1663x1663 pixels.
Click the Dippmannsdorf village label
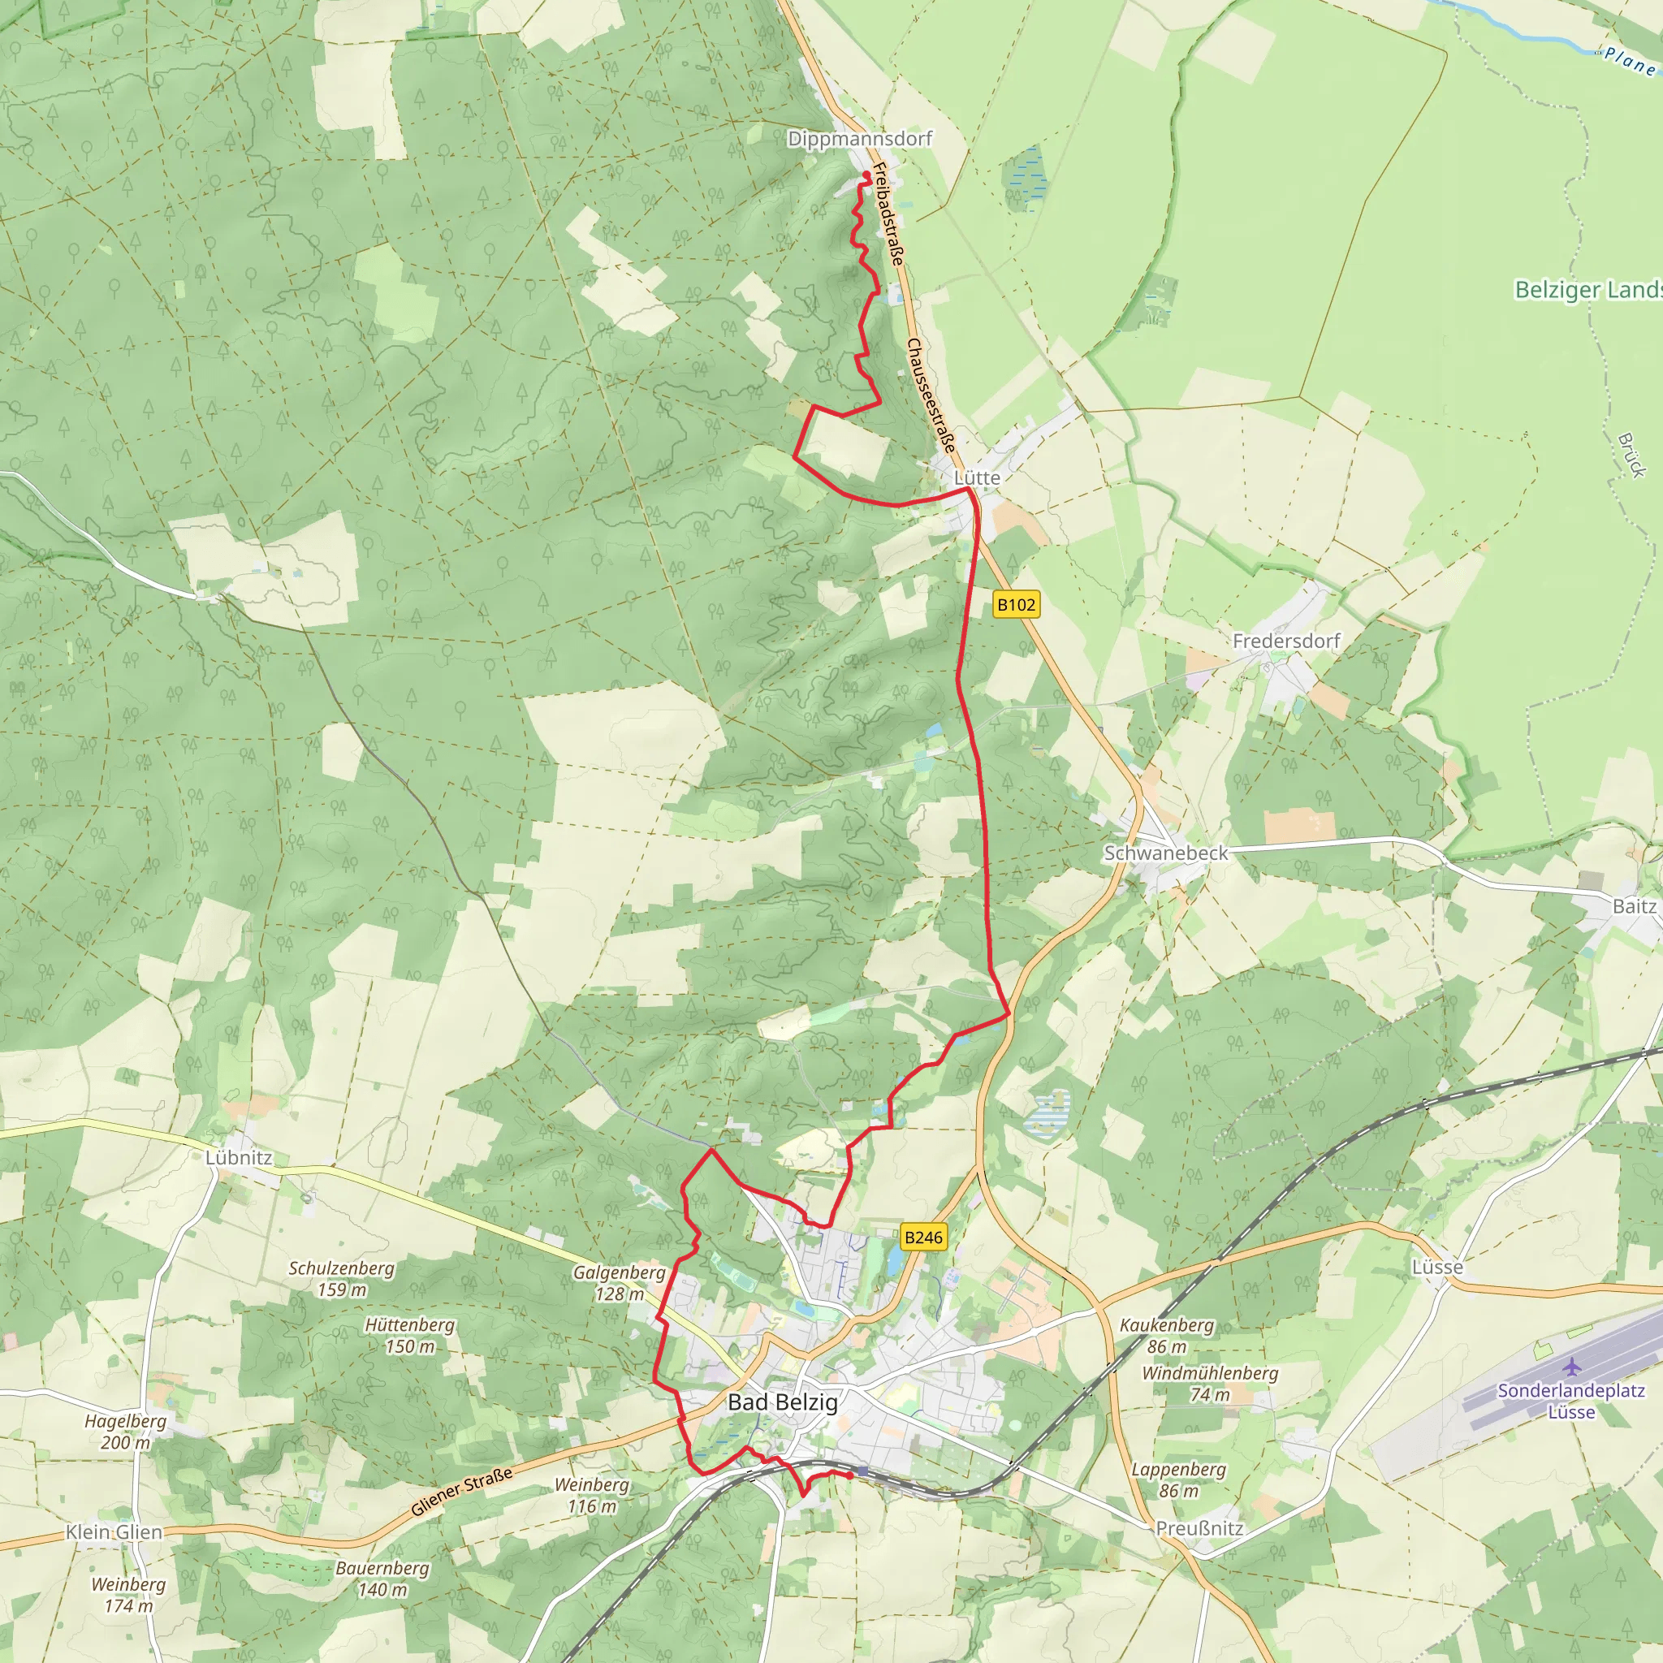[859, 139]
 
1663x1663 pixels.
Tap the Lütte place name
[976, 477]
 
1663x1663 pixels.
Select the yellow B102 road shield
[1016, 604]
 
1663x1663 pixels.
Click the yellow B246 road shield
[922, 1237]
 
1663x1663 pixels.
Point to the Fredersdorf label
[1286, 641]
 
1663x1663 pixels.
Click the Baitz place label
[1634, 905]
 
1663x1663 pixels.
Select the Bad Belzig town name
[782, 1402]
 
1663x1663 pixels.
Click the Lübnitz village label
[239, 1158]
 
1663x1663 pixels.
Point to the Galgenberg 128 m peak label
[619, 1282]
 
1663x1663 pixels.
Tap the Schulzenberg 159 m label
[342, 1278]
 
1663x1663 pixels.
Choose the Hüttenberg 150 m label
[410, 1335]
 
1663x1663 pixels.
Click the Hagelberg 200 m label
[126, 1432]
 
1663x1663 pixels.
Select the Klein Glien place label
[114, 1532]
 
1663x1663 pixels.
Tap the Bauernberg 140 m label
[382, 1579]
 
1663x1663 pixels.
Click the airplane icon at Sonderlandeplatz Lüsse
[1572, 1367]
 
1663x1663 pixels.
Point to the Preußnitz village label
[1199, 1528]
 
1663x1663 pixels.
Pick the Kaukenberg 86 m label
[1166, 1335]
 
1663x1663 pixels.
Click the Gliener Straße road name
[461, 1491]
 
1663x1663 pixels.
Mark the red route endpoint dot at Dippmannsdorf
[866, 175]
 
